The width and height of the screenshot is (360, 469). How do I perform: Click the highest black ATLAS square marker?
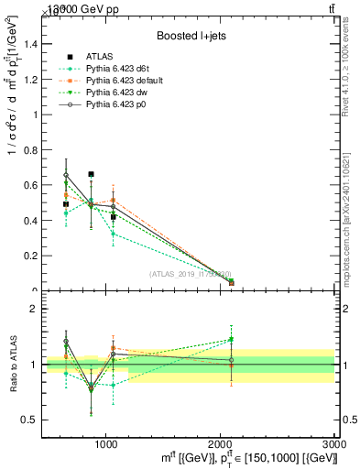click(x=91, y=174)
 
